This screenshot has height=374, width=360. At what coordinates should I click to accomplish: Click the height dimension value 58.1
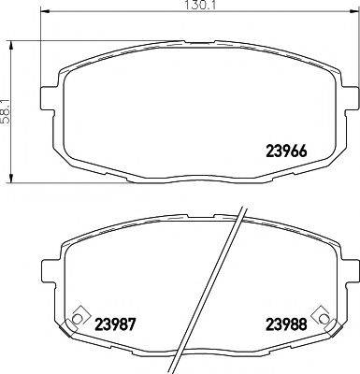pos(7,111)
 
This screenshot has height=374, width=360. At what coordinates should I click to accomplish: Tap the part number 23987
pos(116,325)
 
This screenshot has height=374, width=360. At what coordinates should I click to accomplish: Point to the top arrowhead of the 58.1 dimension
pos(13,41)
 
